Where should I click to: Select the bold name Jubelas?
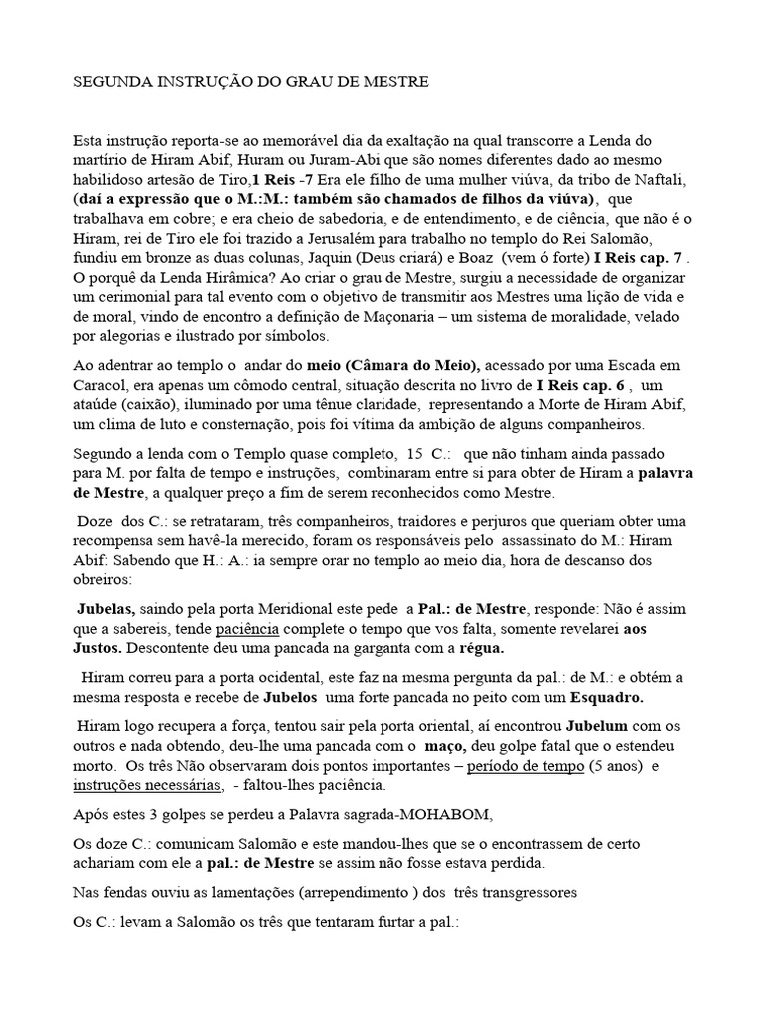pyautogui.click(x=107, y=608)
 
